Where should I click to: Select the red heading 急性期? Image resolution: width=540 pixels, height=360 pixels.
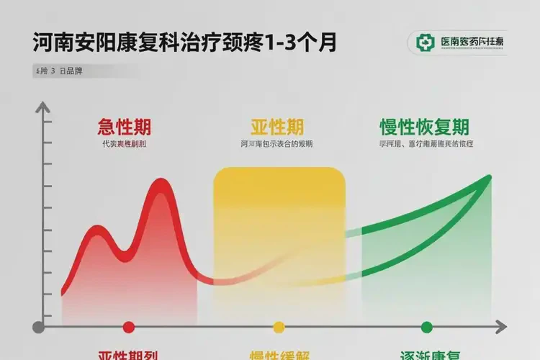[x=124, y=127]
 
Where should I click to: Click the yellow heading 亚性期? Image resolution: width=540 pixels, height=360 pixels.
[x=277, y=127]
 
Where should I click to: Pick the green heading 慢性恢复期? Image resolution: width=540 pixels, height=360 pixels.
[x=424, y=127]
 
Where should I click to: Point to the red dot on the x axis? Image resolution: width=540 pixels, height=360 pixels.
[x=129, y=328]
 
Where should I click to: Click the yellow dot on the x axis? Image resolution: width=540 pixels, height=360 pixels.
[x=279, y=328]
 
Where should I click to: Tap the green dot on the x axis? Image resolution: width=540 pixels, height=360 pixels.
[x=426, y=328]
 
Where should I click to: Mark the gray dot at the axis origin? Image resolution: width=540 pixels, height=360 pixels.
[x=39, y=328]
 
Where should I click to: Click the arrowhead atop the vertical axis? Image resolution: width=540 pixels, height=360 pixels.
[x=44, y=109]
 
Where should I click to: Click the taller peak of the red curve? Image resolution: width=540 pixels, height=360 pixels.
[x=161, y=186]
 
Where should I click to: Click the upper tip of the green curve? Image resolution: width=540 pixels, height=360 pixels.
[x=490, y=177]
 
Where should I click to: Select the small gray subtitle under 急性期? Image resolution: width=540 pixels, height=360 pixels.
[x=124, y=145]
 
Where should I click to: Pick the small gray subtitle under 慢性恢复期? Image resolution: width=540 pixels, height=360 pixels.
[x=425, y=145]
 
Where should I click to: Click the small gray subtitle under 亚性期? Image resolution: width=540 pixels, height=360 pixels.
[x=277, y=145]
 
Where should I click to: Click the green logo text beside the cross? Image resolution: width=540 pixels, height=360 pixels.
[x=472, y=42]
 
